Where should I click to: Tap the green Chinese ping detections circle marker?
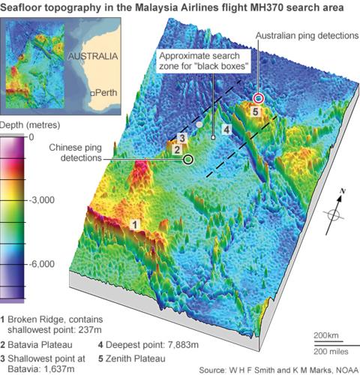[187, 159]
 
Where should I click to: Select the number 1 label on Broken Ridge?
[135, 223]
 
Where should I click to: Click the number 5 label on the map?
[255, 112]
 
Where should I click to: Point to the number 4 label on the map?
[226, 130]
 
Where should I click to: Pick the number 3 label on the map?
[181, 138]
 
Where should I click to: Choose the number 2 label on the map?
[177, 149]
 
